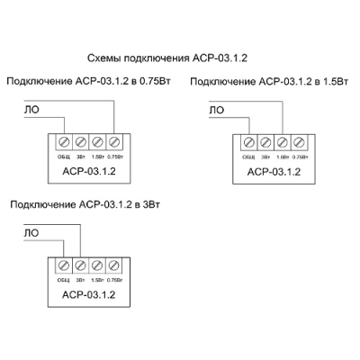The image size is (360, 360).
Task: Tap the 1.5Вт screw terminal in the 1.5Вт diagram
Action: click(282, 141)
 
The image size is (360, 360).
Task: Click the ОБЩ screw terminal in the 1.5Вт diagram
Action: click(249, 141)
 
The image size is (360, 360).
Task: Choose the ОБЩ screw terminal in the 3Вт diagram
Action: click(64, 265)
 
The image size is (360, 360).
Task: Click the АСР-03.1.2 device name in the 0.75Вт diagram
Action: click(87, 170)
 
